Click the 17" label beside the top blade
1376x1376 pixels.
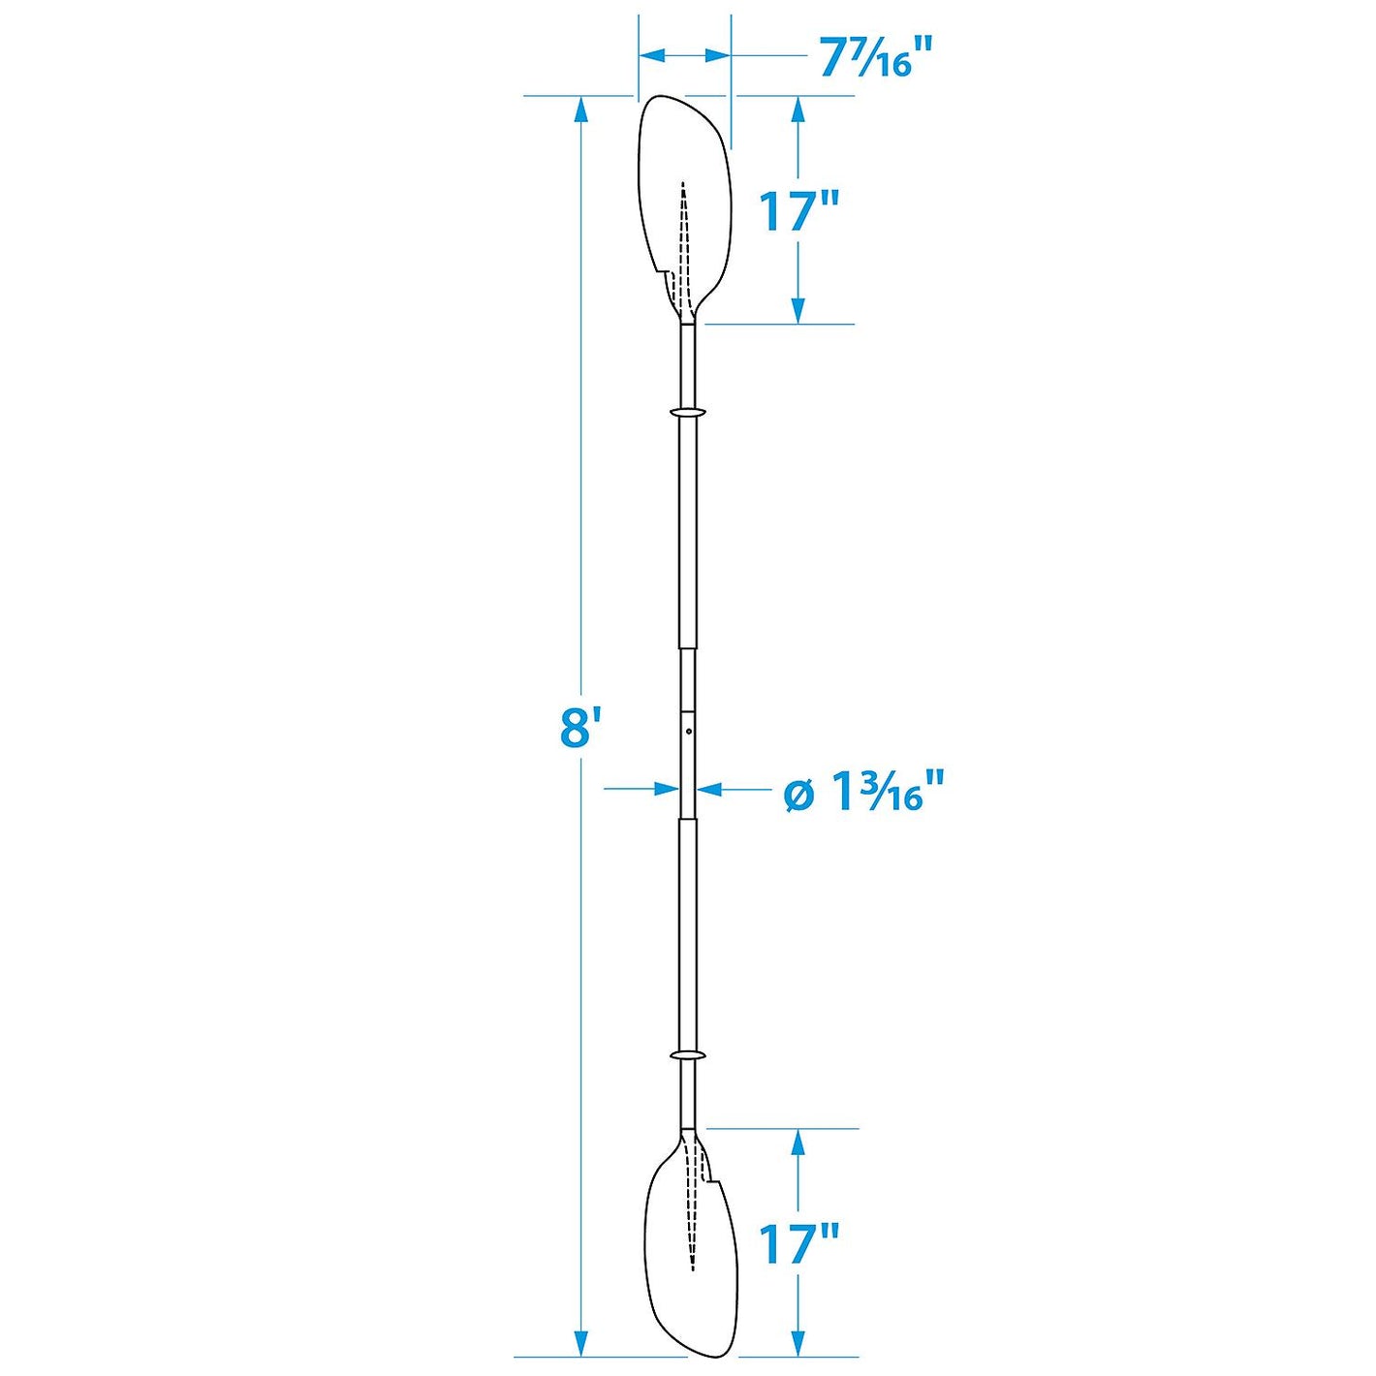click(x=797, y=211)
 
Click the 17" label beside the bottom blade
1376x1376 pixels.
click(x=797, y=1243)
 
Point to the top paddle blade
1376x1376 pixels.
click(x=683, y=194)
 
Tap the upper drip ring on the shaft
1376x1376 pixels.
click(x=687, y=413)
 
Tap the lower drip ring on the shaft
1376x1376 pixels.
click(x=687, y=1054)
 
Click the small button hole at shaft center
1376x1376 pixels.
click(x=687, y=732)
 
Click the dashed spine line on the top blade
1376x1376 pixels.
click(x=683, y=242)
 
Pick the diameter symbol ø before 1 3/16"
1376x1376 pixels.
click(x=798, y=794)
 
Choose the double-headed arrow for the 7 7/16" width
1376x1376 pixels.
click(x=684, y=56)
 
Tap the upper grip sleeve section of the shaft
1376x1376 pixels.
click(x=687, y=533)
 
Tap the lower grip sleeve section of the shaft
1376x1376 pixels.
click(x=687, y=930)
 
